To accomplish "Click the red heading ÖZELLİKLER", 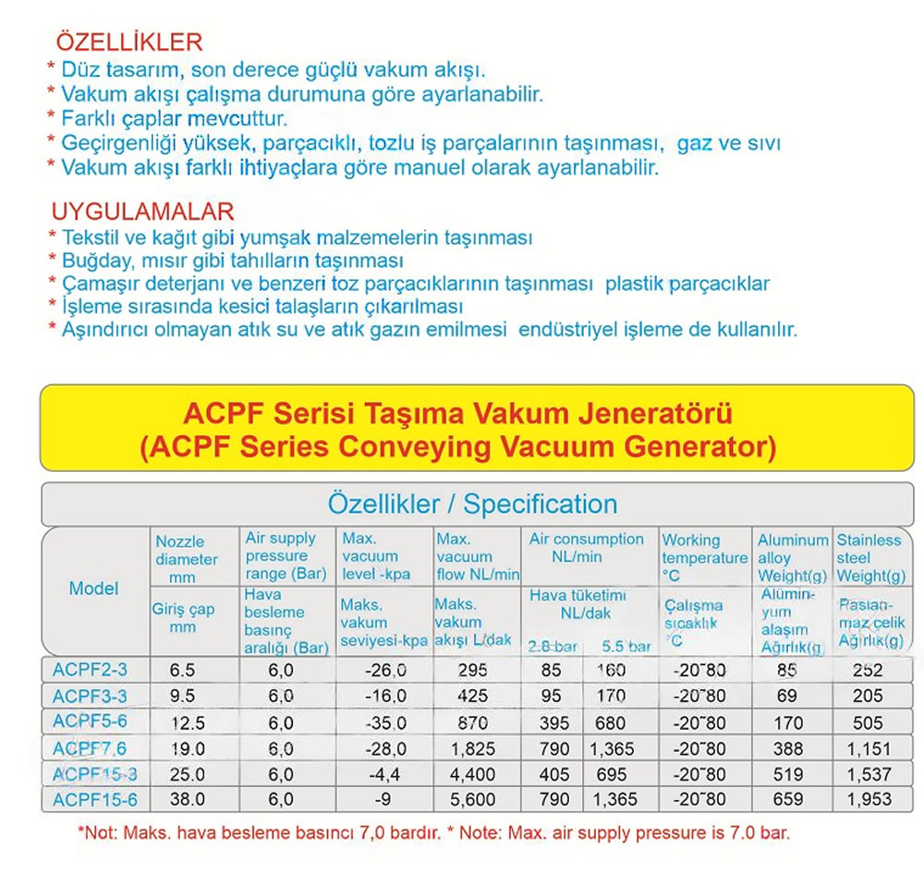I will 128,42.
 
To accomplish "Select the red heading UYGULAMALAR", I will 142,212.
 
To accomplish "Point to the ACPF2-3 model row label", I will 90,671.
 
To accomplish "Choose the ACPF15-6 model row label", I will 93,799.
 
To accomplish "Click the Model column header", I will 94,588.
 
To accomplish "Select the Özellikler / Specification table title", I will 472,504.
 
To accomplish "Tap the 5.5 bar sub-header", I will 626,646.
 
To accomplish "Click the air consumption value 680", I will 611,723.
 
